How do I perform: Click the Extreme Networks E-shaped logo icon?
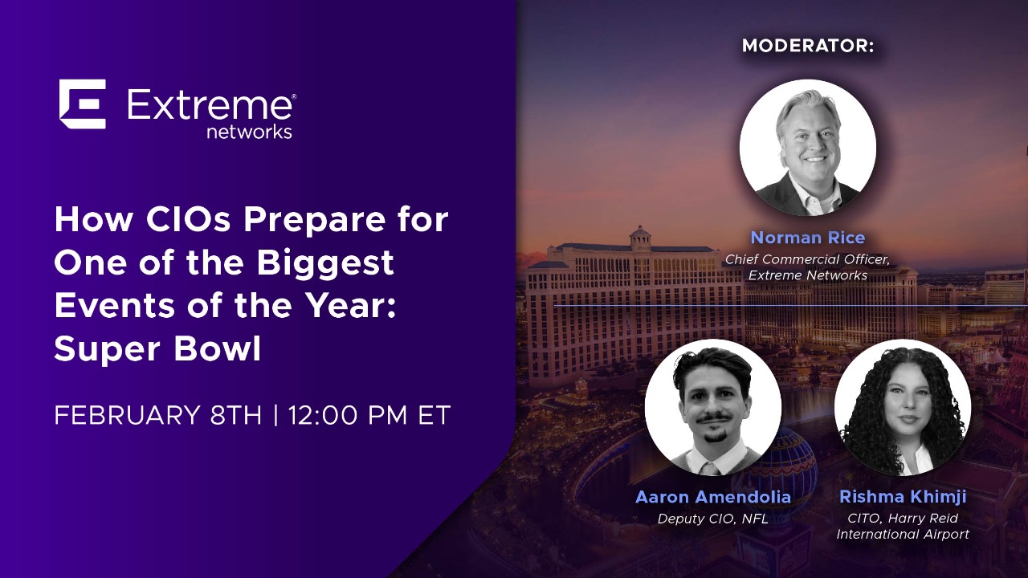(x=82, y=104)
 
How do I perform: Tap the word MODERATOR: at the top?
(x=807, y=46)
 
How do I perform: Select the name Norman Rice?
(x=807, y=238)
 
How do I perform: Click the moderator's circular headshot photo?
(x=807, y=148)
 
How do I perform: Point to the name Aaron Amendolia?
(x=712, y=497)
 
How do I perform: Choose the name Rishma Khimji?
(x=903, y=497)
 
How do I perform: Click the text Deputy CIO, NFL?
(x=712, y=519)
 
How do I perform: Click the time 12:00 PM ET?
(x=369, y=416)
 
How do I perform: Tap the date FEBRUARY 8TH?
(x=157, y=416)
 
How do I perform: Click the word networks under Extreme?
(x=249, y=132)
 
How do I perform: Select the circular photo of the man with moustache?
(x=712, y=408)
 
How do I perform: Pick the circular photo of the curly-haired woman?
(x=903, y=408)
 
